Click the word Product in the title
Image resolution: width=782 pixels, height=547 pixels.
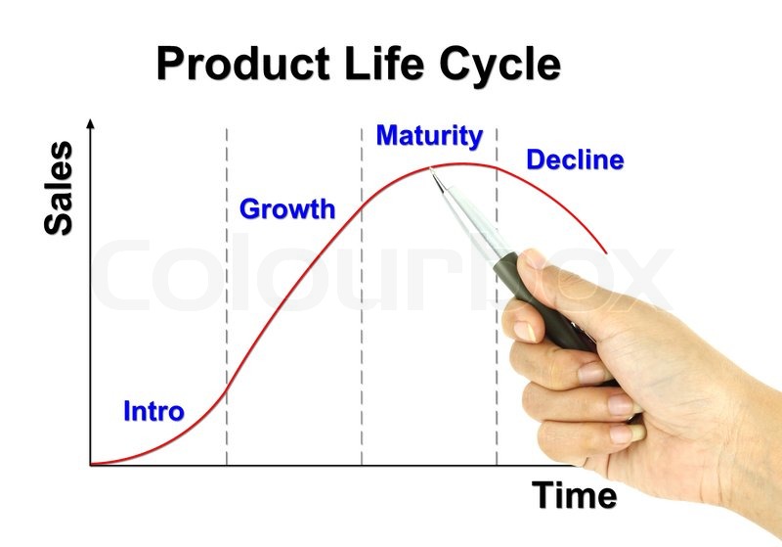coord(243,64)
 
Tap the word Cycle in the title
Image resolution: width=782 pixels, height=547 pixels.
coord(500,68)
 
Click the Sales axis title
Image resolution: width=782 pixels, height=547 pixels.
coord(59,188)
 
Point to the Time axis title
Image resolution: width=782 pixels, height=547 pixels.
coord(574,494)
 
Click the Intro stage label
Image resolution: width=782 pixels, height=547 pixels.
coord(153,411)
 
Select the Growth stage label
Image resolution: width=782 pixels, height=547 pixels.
coord(287,208)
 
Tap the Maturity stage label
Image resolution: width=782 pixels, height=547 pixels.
coord(429,136)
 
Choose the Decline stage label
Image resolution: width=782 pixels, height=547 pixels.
coord(575,160)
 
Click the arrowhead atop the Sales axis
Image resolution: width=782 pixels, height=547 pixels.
coord(90,123)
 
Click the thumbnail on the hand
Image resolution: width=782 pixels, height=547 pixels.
coord(531,260)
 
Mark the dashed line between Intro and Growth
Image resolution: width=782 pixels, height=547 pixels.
coord(227,296)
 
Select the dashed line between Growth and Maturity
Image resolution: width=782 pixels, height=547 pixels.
coord(362,296)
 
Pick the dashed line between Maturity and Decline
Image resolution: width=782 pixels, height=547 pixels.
coord(497,296)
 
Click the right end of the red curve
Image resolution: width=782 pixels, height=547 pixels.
coord(606,253)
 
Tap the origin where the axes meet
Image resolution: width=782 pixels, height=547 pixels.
coord(90,465)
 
